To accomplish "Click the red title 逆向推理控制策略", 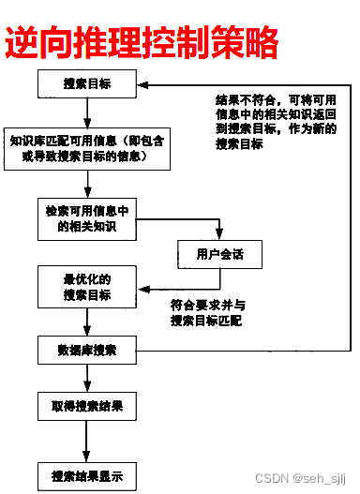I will coord(141,42).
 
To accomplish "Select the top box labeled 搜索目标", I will coord(86,84).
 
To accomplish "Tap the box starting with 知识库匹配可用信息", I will coord(86,148).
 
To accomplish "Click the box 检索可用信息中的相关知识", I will coord(86,217).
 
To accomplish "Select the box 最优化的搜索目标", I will coord(86,287).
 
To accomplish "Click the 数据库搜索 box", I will coord(86,351).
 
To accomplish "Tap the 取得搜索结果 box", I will coord(86,408).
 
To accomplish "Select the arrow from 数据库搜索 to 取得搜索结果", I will coord(86,380).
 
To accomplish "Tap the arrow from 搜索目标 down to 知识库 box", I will coord(86,112).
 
